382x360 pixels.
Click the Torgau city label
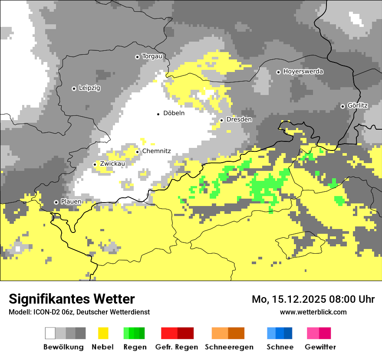(152, 56)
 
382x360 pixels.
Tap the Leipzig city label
(89, 88)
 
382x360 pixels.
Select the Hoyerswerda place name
(303, 72)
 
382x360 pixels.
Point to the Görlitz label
(357, 106)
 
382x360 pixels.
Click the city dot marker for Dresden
(221, 120)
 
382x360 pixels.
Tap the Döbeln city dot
(158, 114)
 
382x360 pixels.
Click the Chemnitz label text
(156, 151)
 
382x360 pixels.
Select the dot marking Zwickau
(95, 164)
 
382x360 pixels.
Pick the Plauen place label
(71, 202)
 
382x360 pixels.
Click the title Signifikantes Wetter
(72, 299)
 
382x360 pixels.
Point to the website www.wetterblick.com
(313, 312)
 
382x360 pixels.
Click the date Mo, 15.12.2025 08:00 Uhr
(313, 299)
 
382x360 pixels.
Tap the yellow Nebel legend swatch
(103, 333)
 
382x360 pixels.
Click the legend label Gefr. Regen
(176, 347)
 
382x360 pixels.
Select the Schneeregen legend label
(229, 347)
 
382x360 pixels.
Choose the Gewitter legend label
(320, 347)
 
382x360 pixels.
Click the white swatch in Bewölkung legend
(50, 333)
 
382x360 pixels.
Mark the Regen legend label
(134, 347)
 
